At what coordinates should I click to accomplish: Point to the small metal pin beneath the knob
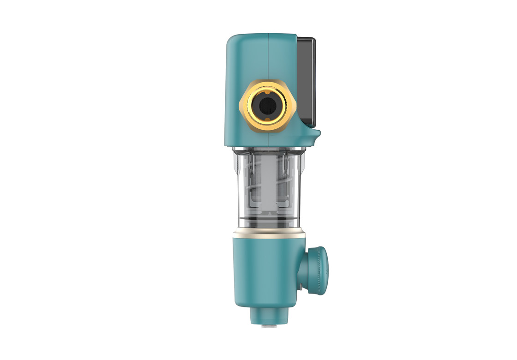point(301,288)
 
